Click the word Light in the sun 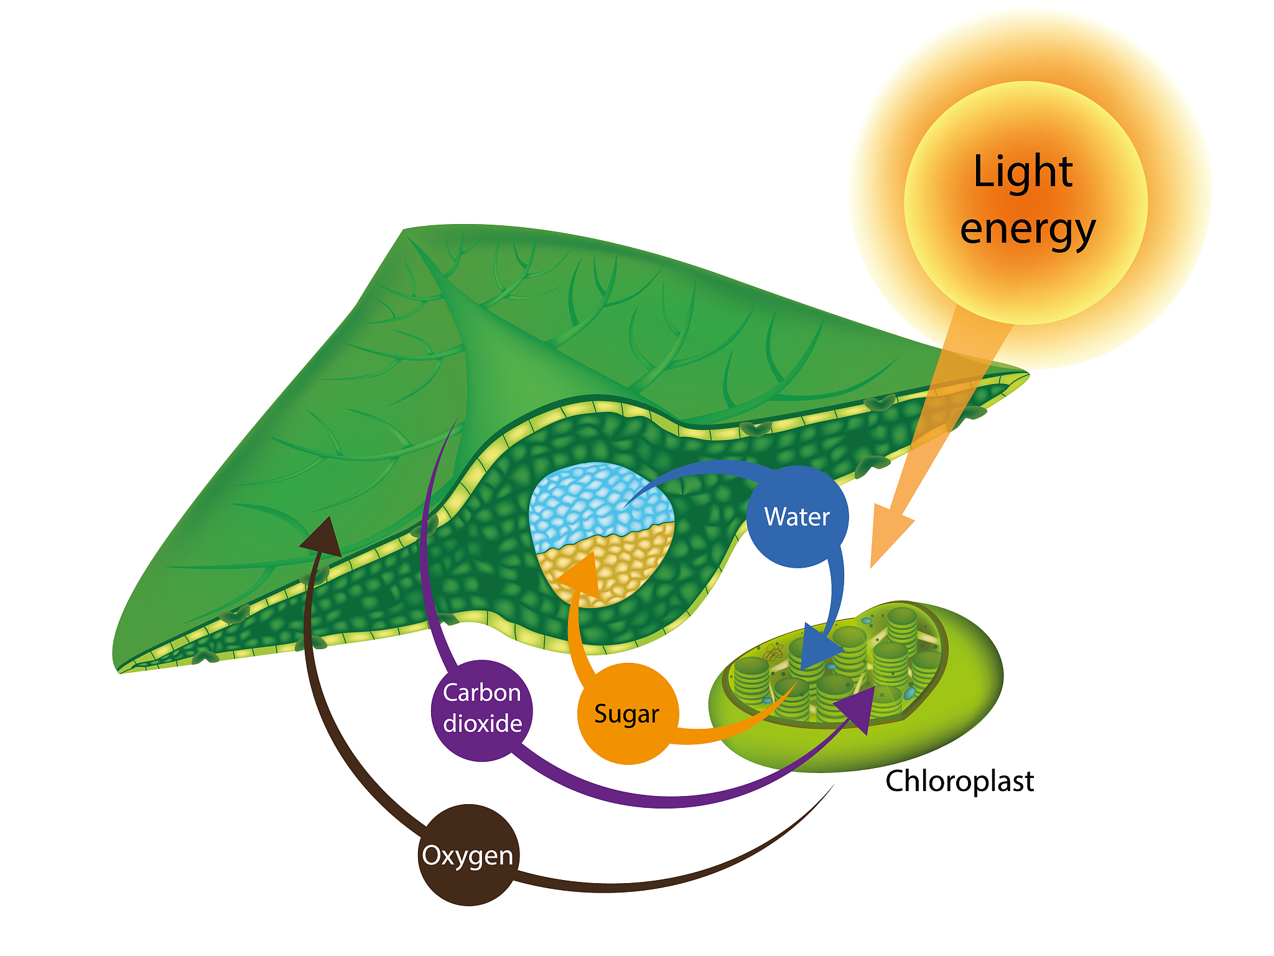[x=1023, y=172]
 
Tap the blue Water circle [x=797, y=517]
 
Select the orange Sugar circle [x=627, y=714]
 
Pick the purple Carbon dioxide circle [x=482, y=710]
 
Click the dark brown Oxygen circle [x=468, y=855]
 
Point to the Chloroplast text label [x=959, y=781]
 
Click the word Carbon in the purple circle [x=482, y=693]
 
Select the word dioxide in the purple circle [x=482, y=724]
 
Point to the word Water [x=797, y=517]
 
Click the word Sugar [x=626, y=715]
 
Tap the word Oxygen [x=468, y=856]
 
